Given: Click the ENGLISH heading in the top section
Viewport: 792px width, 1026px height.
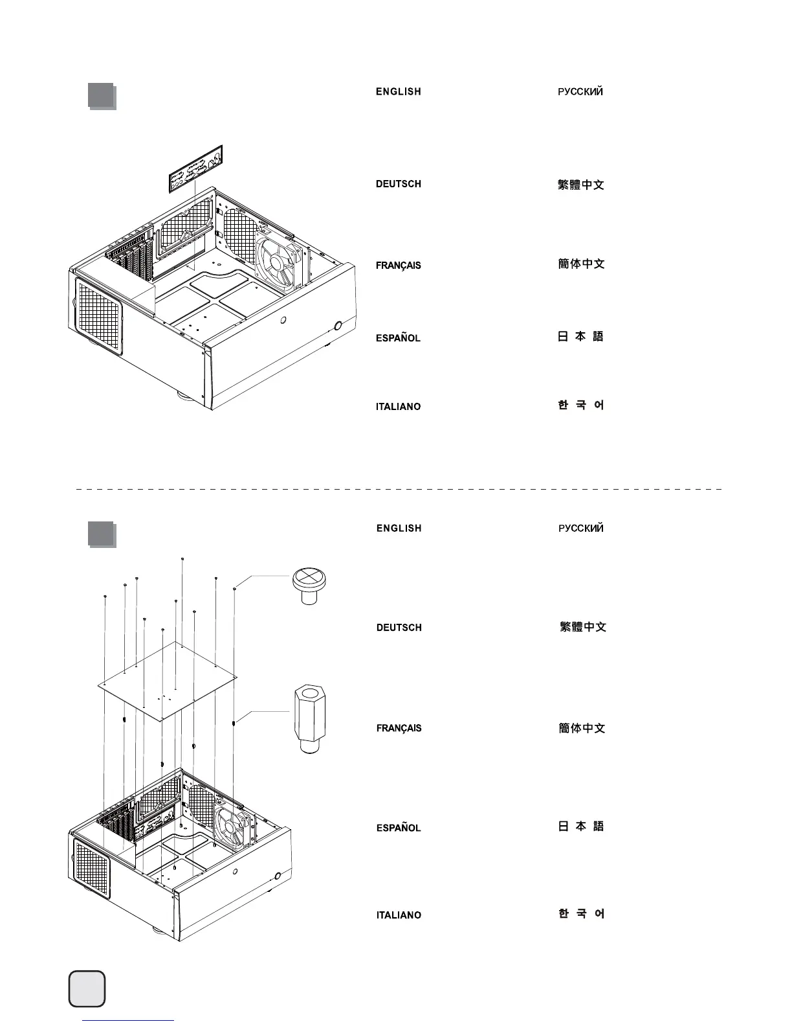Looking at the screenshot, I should pyautogui.click(x=398, y=92).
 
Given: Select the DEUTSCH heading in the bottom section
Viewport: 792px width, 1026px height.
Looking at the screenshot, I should pyautogui.click(x=399, y=628).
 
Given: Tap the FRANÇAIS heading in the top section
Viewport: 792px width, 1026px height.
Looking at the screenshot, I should pyautogui.click(x=398, y=266).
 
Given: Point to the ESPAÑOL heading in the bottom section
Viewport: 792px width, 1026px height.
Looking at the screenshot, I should pyautogui.click(x=399, y=828).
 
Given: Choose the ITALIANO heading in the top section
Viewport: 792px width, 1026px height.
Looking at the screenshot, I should pyautogui.click(x=398, y=407).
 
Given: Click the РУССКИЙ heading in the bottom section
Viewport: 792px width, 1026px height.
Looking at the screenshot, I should pyautogui.click(x=580, y=529).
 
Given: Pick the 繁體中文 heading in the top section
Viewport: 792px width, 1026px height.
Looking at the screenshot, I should pyautogui.click(x=580, y=185).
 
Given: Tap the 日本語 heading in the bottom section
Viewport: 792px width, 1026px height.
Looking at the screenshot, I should pyautogui.click(x=580, y=826).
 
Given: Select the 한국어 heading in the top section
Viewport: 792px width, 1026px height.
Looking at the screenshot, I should pyautogui.click(x=580, y=405).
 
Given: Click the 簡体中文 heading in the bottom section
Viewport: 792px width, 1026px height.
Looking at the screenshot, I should pyautogui.click(x=582, y=728).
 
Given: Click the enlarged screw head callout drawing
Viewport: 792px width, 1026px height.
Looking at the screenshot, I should pyautogui.click(x=309, y=585).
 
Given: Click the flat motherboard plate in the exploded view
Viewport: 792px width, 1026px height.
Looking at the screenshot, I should pyautogui.click(x=168, y=681).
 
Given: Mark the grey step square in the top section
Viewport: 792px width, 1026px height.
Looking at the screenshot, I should pyautogui.click(x=102, y=96).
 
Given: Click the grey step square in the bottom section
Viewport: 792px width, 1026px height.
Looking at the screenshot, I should pyautogui.click(x=102, y=534).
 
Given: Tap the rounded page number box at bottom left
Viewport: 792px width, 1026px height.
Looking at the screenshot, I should pyautogui.click(x=87, y=988).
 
